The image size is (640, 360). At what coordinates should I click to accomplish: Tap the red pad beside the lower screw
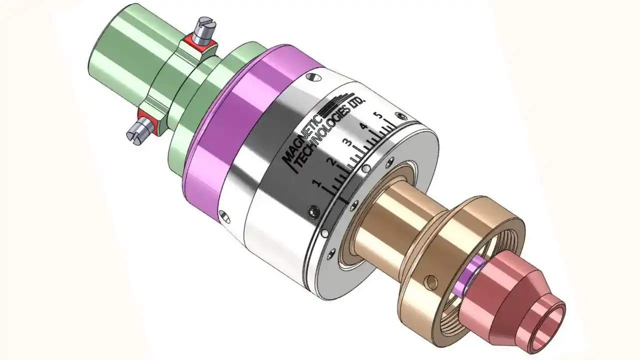pyautogui.click(x=146, y=118)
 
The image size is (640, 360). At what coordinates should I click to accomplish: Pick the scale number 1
pyautogui.click(x=316, y=184)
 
